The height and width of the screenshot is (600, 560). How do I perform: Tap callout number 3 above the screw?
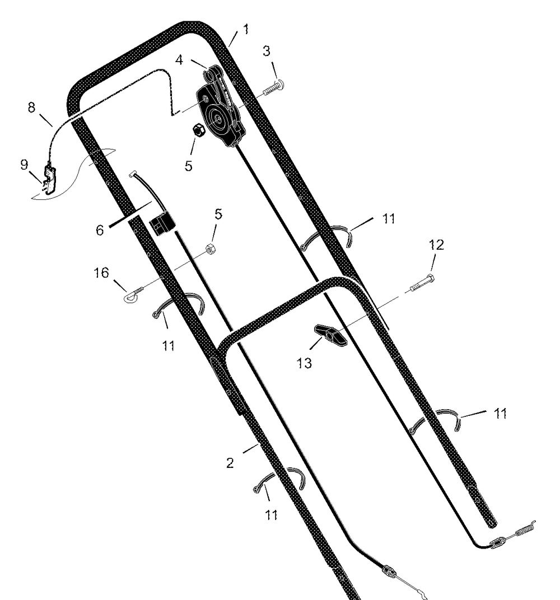pos(267,51)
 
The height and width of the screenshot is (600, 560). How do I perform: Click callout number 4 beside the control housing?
pos(179,60)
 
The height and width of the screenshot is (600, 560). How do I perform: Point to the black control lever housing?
pos(221,107)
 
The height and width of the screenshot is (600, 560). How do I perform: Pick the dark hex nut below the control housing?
pos(199,130)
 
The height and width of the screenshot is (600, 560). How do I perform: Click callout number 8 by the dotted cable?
pos(31,107)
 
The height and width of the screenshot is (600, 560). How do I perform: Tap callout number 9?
pos(24,165)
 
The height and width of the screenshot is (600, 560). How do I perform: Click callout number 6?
pos(100,230)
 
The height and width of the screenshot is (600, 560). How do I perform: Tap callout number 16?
pos(101,273)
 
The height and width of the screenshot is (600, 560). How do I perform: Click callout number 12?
pos(436,245)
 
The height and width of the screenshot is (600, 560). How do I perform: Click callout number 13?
pos(304,363)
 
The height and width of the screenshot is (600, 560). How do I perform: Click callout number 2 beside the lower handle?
pos(230,463)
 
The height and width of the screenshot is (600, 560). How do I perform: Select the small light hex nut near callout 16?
pos(209,249)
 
